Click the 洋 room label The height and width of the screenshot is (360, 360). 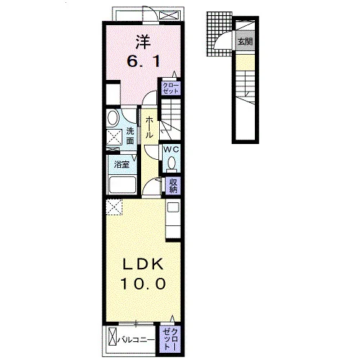pos(143,42)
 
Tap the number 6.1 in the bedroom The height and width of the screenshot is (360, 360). pos(143,62)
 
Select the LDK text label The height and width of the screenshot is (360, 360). pos(143,264)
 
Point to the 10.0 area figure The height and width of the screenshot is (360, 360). pos(143,284)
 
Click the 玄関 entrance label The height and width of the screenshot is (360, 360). pos(245,41)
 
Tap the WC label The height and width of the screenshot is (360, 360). pos(171,149)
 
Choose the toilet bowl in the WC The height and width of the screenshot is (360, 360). pos(171,163)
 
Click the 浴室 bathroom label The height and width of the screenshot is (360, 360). pos(122,164)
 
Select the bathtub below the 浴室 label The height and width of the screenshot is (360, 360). pos(122,185)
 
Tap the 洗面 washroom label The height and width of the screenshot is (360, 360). pos(130,136)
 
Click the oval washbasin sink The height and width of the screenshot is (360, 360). pos(113,118)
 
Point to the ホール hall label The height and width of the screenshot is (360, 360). pos(149,127)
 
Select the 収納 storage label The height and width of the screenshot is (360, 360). pos(173,185)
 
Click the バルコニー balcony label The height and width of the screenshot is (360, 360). pos(136,340)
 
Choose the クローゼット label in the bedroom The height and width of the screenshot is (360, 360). pos(171,88)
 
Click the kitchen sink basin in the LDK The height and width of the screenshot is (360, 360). pos(173,207)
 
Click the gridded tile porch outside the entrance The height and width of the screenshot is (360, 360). pos(219,34)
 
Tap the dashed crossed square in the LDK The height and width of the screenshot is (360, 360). pos(114,207)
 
